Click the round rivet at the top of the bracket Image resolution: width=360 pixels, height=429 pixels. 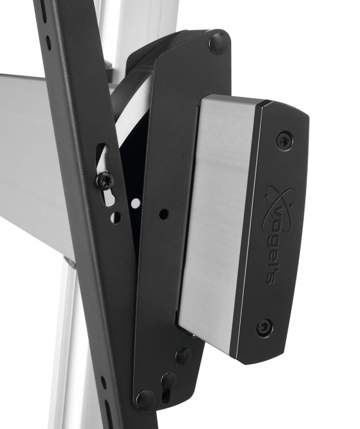[218, 42]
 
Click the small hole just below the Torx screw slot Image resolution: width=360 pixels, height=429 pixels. [115, 217]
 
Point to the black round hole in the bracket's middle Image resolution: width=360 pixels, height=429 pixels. [163, 214]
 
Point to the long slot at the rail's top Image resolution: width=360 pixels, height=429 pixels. [43, 10]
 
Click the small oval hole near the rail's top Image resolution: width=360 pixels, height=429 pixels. [48, 42]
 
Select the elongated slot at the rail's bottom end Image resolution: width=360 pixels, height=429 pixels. [108, 411]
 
